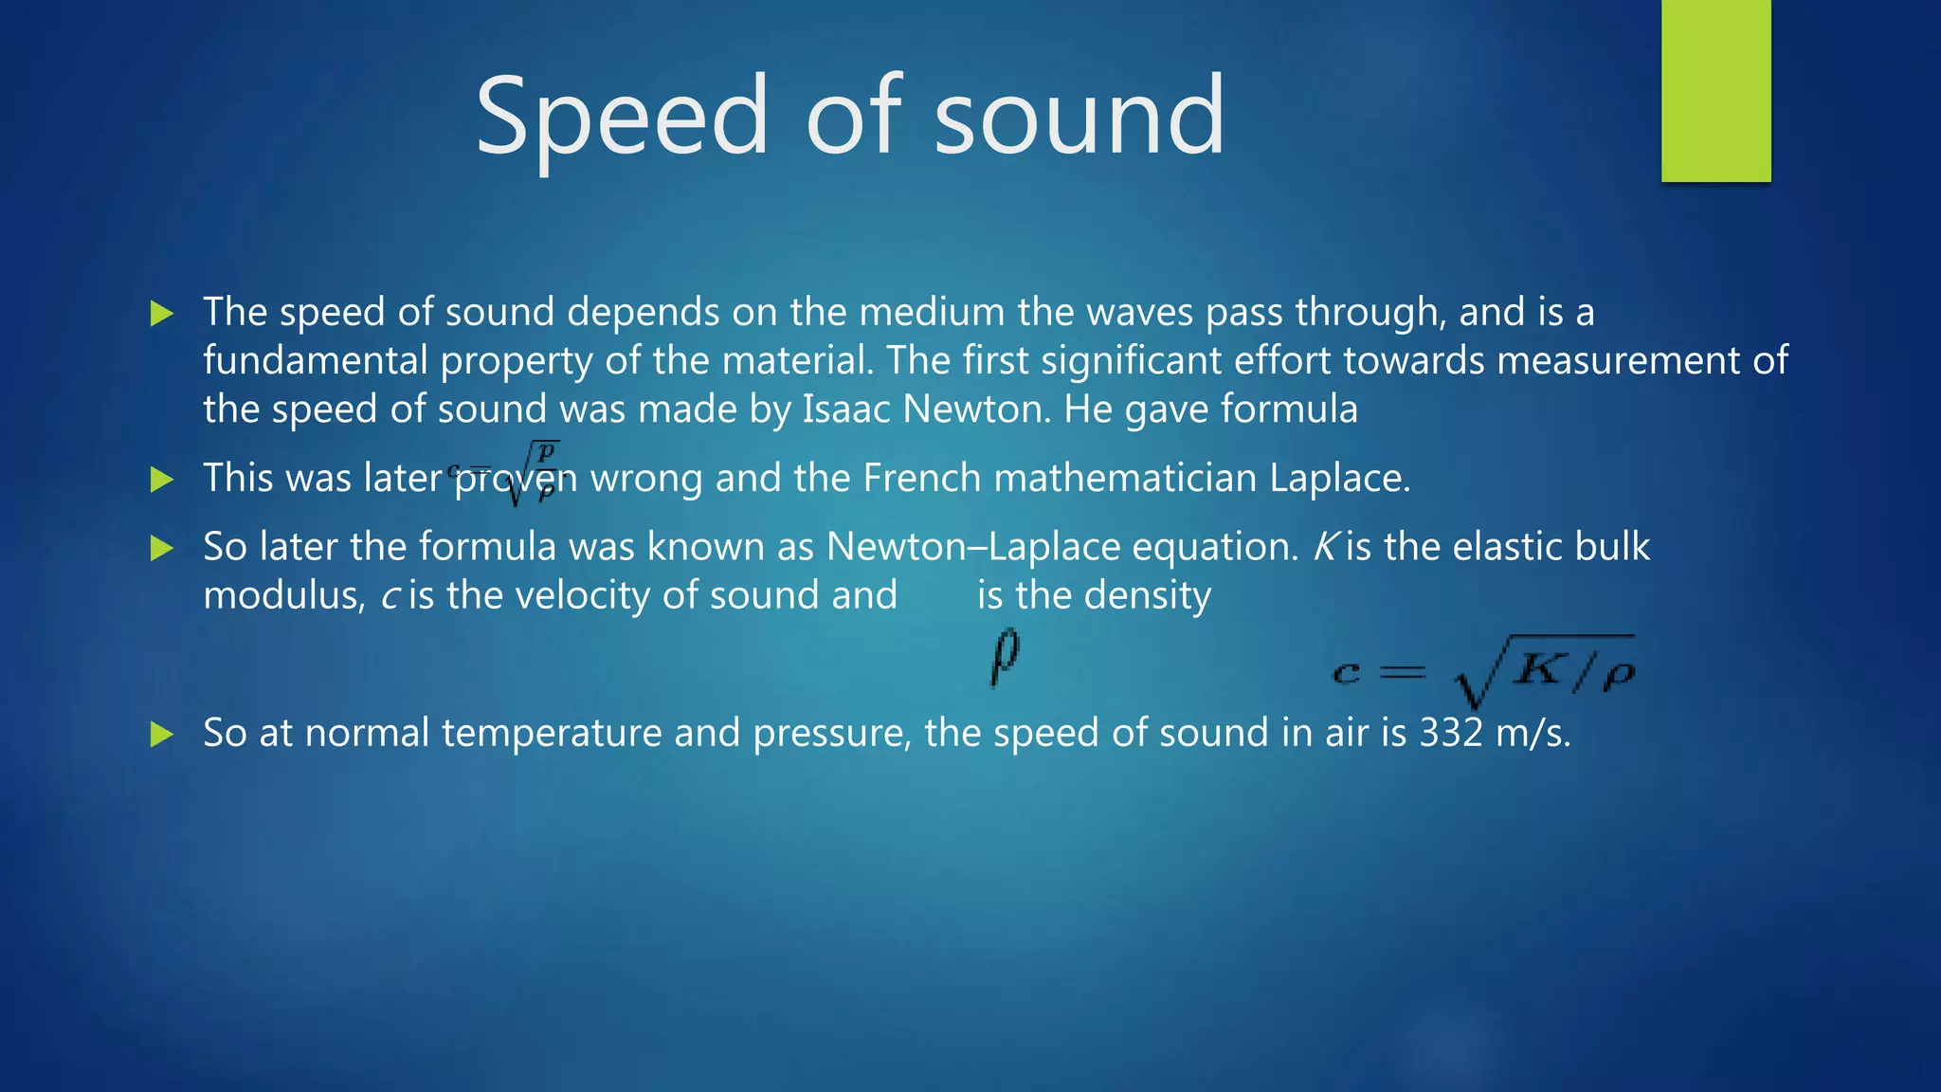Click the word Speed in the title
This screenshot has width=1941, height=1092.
point(621,118)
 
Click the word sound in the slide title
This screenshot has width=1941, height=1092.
point(1079,118)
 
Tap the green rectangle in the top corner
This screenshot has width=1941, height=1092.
point(1715,90)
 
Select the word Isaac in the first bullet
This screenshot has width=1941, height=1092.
point(846,409)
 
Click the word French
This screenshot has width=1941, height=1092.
point(921,478)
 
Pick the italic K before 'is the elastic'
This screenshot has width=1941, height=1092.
point(1325,547)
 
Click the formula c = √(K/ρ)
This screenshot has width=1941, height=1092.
point(1484,671)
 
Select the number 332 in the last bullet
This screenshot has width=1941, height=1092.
point(1450,734)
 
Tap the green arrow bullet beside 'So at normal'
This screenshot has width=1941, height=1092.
point(162,734)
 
